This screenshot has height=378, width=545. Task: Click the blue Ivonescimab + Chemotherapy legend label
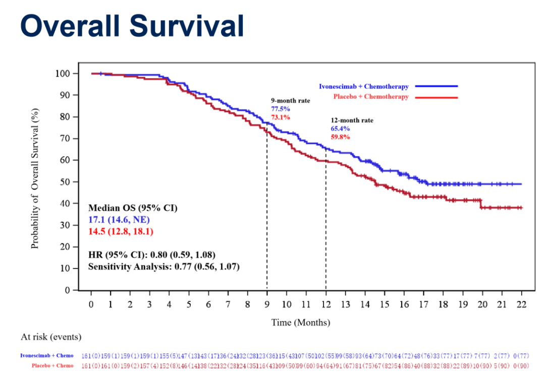363,87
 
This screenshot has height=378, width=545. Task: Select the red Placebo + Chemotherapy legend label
371,97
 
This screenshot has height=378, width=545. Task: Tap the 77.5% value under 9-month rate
280,109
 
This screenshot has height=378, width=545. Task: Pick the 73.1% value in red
280,117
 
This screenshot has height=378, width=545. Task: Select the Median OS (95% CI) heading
133,208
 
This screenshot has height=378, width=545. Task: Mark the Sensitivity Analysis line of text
163,266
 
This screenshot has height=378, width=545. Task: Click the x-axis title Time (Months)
300,322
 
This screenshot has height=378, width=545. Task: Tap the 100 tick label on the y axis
63,74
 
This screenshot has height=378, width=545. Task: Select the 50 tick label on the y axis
65,182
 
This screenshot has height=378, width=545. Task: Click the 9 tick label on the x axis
267,304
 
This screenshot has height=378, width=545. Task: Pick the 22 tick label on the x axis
521,304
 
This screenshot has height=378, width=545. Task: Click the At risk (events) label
51,337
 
